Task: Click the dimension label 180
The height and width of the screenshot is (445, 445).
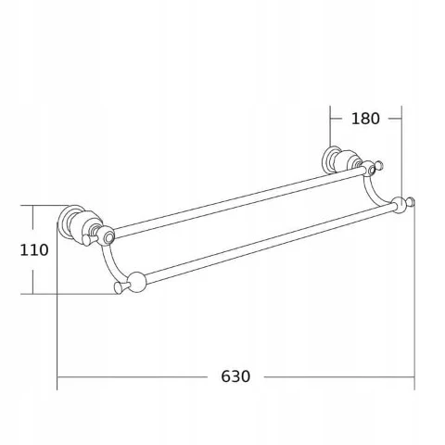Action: click(x=365, y=119)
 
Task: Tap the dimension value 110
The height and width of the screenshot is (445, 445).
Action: click(x=34, y=250)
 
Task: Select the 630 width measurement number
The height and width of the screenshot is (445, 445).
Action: click(x=235, y=376)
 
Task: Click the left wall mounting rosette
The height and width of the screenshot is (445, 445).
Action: click(x=66, y=221)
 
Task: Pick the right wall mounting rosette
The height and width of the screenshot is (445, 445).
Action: click(x=329, y=159)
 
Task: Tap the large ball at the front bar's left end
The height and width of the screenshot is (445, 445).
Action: click(x=137, y=282)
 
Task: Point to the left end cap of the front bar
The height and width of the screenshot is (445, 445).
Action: click(x=119, y=287)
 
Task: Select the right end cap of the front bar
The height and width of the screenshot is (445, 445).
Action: click(x=411, y=203)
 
